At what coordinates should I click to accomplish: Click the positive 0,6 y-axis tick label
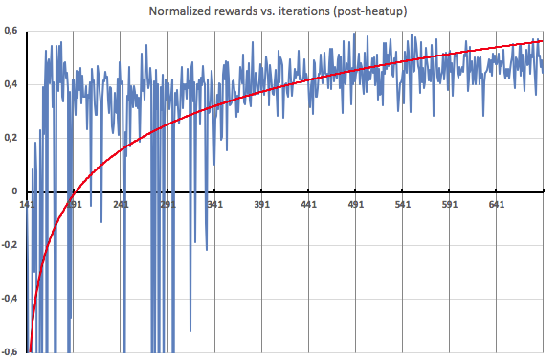pos(11,31)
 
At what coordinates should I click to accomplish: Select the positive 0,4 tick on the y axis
pos(11,84)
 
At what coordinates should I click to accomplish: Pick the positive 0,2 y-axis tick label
pos(11,138)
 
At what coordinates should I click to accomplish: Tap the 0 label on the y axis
pos(14,191)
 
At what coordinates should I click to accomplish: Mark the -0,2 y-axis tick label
pos(10,245)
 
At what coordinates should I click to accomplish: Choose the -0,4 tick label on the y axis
pos(10,299)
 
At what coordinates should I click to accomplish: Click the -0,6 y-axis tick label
pos(10,351)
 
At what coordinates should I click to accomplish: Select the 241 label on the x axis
pos(121,204)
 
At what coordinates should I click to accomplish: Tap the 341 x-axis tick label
pos(214,204)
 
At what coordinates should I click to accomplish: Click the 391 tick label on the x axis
pos(261,204)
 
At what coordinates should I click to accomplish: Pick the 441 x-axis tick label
pos(308,204)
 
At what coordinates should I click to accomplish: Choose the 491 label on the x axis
pos(356,204)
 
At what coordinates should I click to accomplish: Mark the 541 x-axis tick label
pos(403,204)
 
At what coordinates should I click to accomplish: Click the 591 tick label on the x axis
pos(450,204)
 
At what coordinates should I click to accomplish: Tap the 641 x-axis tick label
pos(497,204)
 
